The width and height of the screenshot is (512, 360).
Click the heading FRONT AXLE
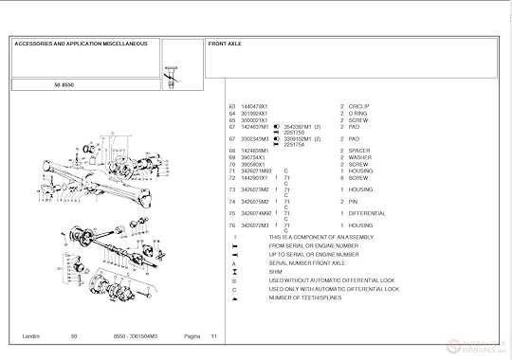pos(225,44)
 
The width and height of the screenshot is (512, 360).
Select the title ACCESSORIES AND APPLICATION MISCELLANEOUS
pos(80,44)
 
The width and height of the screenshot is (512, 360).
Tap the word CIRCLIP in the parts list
pos(358,106)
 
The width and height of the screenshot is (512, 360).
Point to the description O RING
pos(357,113)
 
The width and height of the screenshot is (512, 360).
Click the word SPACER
pos(358,150)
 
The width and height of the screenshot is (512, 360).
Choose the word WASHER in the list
pos(358,157)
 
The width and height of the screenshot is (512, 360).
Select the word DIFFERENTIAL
pos(367,213)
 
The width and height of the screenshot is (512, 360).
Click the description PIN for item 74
pos(353,201)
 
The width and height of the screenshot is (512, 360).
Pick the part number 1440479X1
pos(256,106)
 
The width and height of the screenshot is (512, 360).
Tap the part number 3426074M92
pos(257,213)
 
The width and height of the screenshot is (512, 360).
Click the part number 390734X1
pos(254,157)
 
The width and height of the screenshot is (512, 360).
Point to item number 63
pos(232,106)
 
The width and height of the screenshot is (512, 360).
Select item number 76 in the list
pos(232,225)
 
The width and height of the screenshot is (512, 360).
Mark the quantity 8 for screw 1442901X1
pos(342,177)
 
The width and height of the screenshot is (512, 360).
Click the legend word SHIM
pos(276,272)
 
